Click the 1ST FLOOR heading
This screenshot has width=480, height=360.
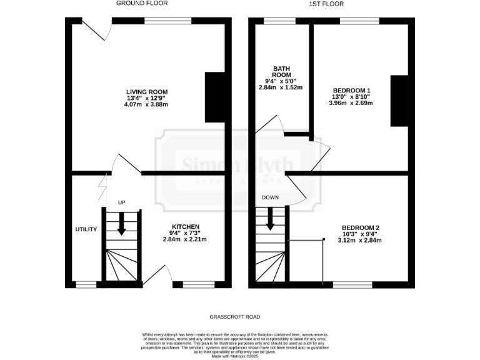326,4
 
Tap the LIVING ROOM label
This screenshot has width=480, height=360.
147,92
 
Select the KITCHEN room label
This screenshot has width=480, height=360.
186,226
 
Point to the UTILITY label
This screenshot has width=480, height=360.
86,229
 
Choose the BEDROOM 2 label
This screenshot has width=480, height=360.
361,227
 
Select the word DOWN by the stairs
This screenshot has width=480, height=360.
271,197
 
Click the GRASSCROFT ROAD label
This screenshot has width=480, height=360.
235,317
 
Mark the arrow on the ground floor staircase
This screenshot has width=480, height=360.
121,225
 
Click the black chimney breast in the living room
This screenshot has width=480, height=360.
214,97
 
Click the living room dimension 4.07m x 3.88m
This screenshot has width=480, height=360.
147,104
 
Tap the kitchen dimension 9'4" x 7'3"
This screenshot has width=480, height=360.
186,232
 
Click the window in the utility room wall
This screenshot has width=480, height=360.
86,285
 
